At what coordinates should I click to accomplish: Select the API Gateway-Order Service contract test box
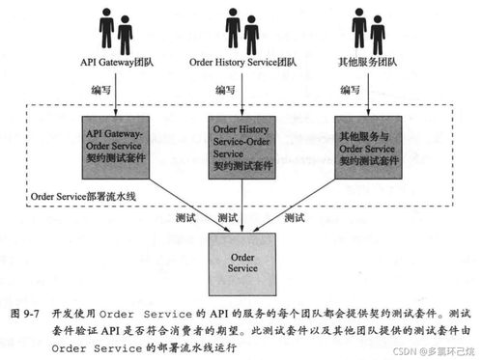click(117, 145)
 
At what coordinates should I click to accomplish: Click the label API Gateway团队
click(116, 66)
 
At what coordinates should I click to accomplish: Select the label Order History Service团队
click(241, 66)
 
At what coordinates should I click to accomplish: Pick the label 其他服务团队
click(369, 66)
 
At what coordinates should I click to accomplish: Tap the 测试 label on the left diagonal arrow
click(187, 217)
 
